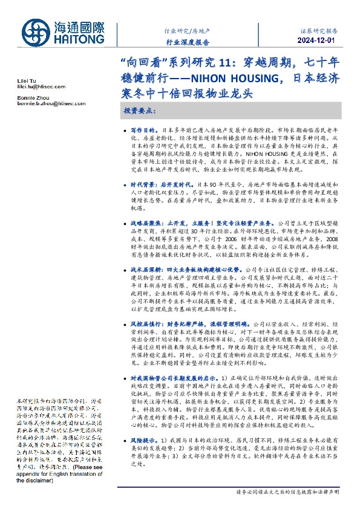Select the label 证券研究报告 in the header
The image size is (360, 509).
pos(319,30)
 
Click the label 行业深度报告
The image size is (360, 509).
pos(187,42)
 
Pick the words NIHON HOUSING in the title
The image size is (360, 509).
pos(231,79)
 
